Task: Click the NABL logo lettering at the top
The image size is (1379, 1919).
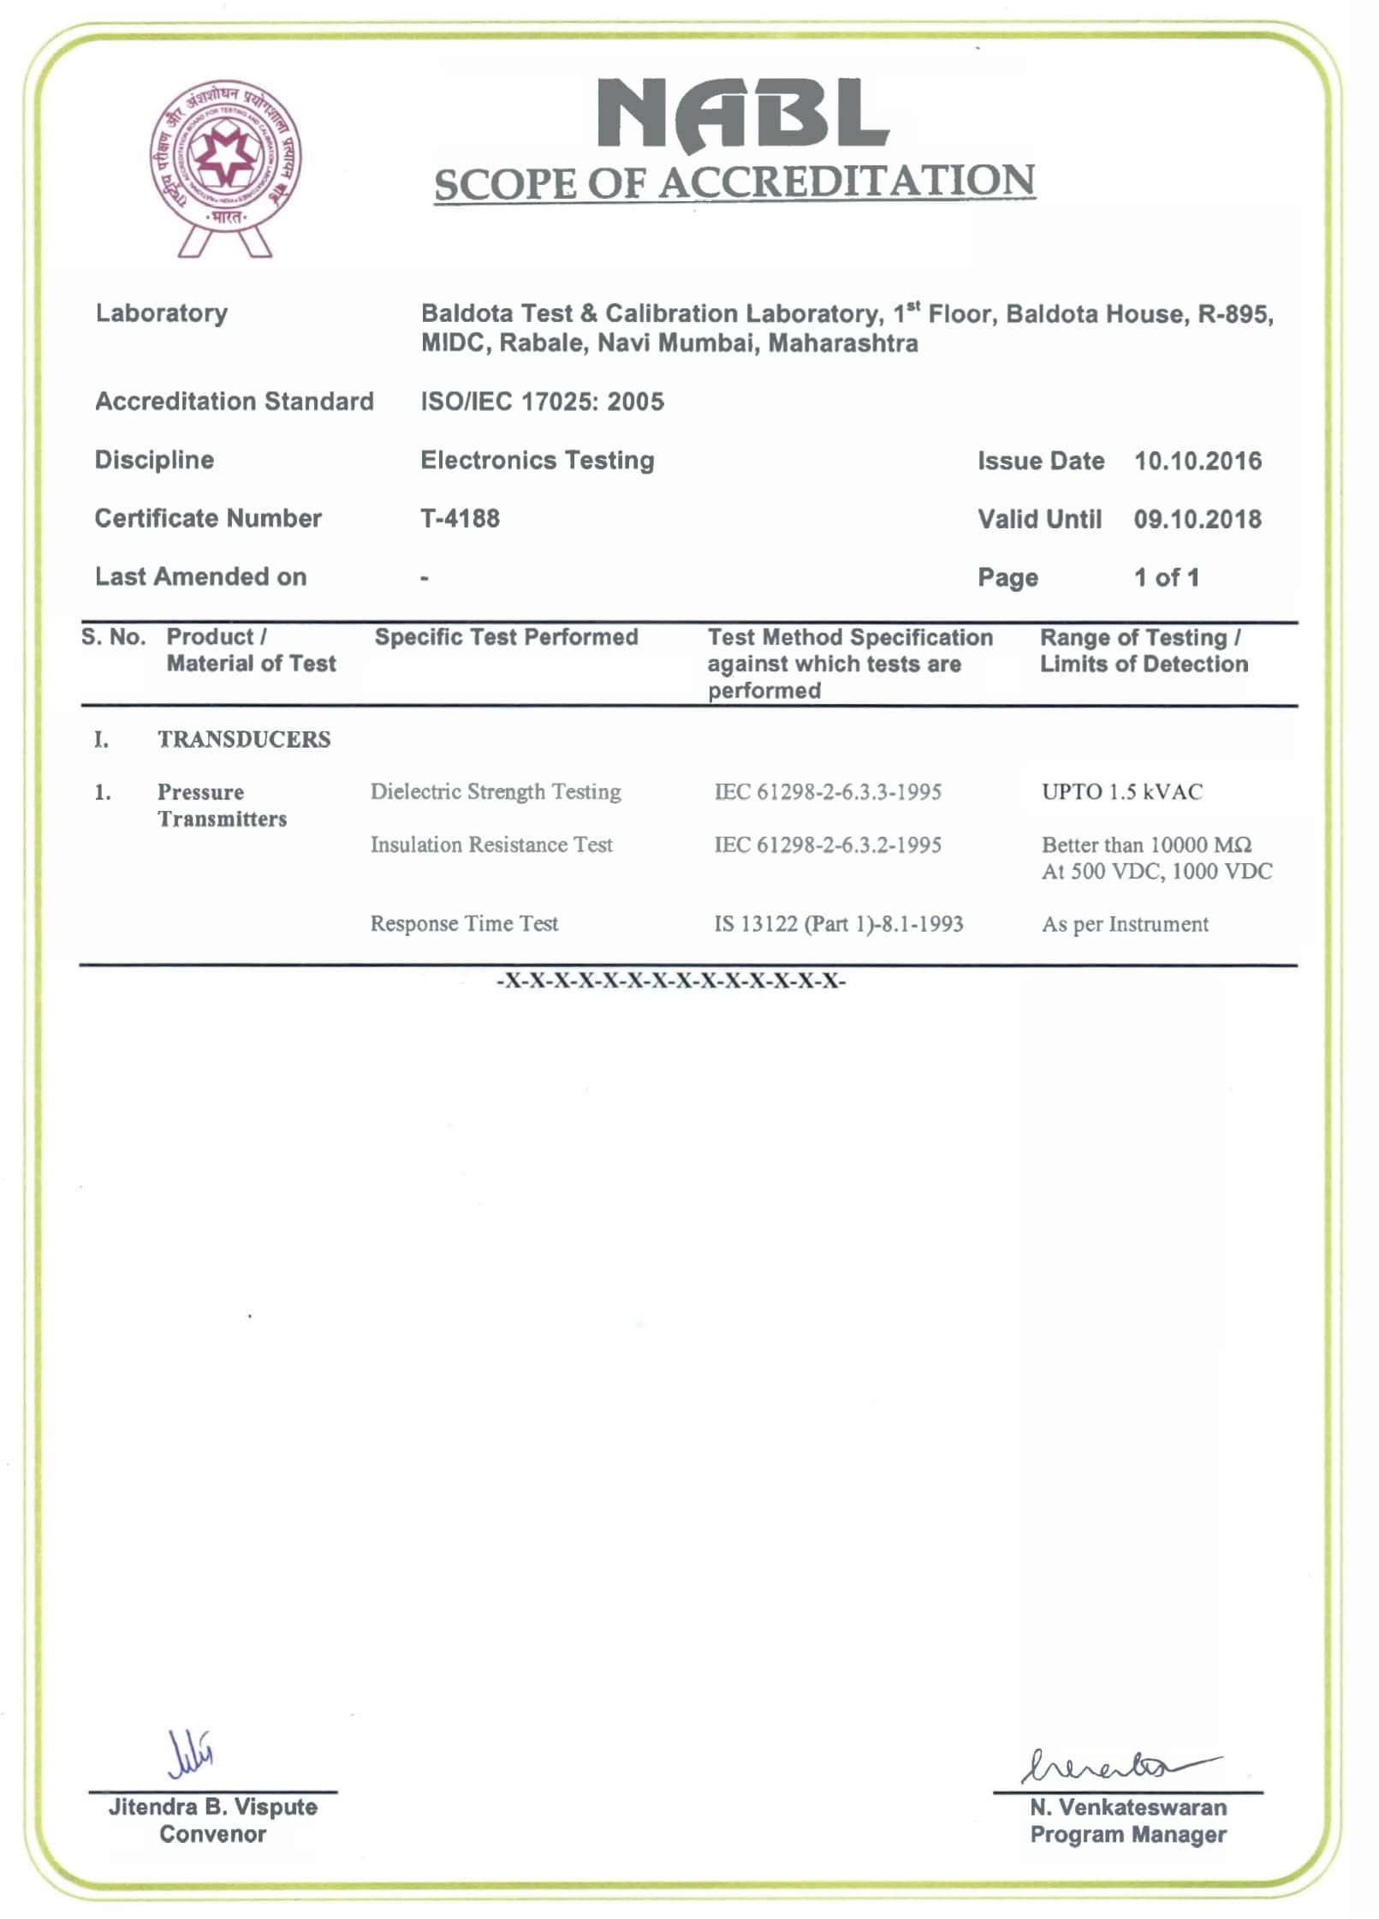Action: point(742,113)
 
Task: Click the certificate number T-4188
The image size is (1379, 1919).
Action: point(460,518)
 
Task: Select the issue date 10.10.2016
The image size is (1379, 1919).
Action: point(1197,461)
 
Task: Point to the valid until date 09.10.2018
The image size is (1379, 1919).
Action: point(1197,519)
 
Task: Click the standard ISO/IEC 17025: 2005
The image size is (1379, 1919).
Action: point(542,402)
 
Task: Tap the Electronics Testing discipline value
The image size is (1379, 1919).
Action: point(537,460)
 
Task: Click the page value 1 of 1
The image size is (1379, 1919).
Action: point(1166,577)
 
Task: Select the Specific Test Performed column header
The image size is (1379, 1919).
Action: point(506,637)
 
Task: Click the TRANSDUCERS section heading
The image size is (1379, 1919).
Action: point(244,739)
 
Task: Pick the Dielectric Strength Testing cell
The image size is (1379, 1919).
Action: point(496,791)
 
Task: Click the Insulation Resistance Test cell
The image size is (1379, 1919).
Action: point(491,844)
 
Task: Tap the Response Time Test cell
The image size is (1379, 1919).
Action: point(464,923)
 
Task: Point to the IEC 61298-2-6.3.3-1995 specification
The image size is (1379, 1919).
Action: point(828,791)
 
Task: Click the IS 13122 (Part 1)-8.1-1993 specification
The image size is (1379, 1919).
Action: point(838,923)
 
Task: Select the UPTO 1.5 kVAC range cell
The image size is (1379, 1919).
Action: point(1121,791)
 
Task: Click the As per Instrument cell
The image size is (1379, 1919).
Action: point(1125,924)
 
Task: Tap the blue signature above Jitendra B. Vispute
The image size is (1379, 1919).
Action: point(190,1752)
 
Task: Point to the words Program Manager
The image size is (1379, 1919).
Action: point(1127,1834)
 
